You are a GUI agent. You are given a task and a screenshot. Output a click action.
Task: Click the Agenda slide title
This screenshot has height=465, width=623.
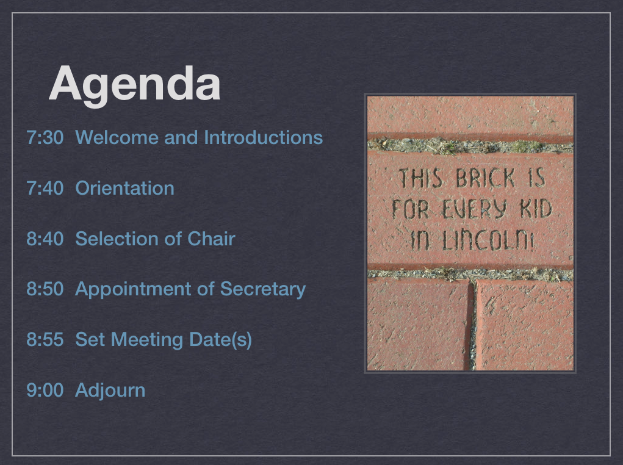click(x=134, y=85)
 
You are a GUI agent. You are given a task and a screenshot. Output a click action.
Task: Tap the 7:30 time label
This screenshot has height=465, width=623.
click(x=45, y=137)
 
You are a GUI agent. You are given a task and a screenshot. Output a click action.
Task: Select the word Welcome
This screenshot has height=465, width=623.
click(x=117, y=137)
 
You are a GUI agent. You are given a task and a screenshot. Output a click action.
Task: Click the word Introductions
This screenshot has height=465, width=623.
click(x=263, y=137)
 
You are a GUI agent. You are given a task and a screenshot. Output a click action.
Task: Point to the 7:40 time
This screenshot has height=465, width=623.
click(x=45, y=188)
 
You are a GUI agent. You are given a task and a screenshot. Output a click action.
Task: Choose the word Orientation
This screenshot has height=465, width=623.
click(x=124, y=188)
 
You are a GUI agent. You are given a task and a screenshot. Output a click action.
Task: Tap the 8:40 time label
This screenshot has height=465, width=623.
click(x=45, y=239)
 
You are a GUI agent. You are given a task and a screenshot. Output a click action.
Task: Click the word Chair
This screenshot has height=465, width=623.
click(x=211, y=239)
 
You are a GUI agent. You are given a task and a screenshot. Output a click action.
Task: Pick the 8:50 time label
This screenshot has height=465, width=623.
click(x=45, y=289)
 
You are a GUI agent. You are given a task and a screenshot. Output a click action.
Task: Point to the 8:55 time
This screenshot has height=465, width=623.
click(x=45, y=339)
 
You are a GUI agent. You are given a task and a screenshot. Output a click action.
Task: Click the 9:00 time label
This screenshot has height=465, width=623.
click(x=45, y=390)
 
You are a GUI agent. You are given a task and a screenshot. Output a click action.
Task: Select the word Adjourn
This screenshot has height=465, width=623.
click(x=110, y=391)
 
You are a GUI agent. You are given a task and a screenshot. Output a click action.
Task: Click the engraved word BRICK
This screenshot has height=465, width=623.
click(x=486, y=178)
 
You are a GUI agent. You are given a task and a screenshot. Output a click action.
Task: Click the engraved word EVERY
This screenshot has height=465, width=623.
click(x=474, y=209)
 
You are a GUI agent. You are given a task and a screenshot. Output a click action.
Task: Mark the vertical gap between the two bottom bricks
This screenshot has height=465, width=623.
click(x=472, y=325)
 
